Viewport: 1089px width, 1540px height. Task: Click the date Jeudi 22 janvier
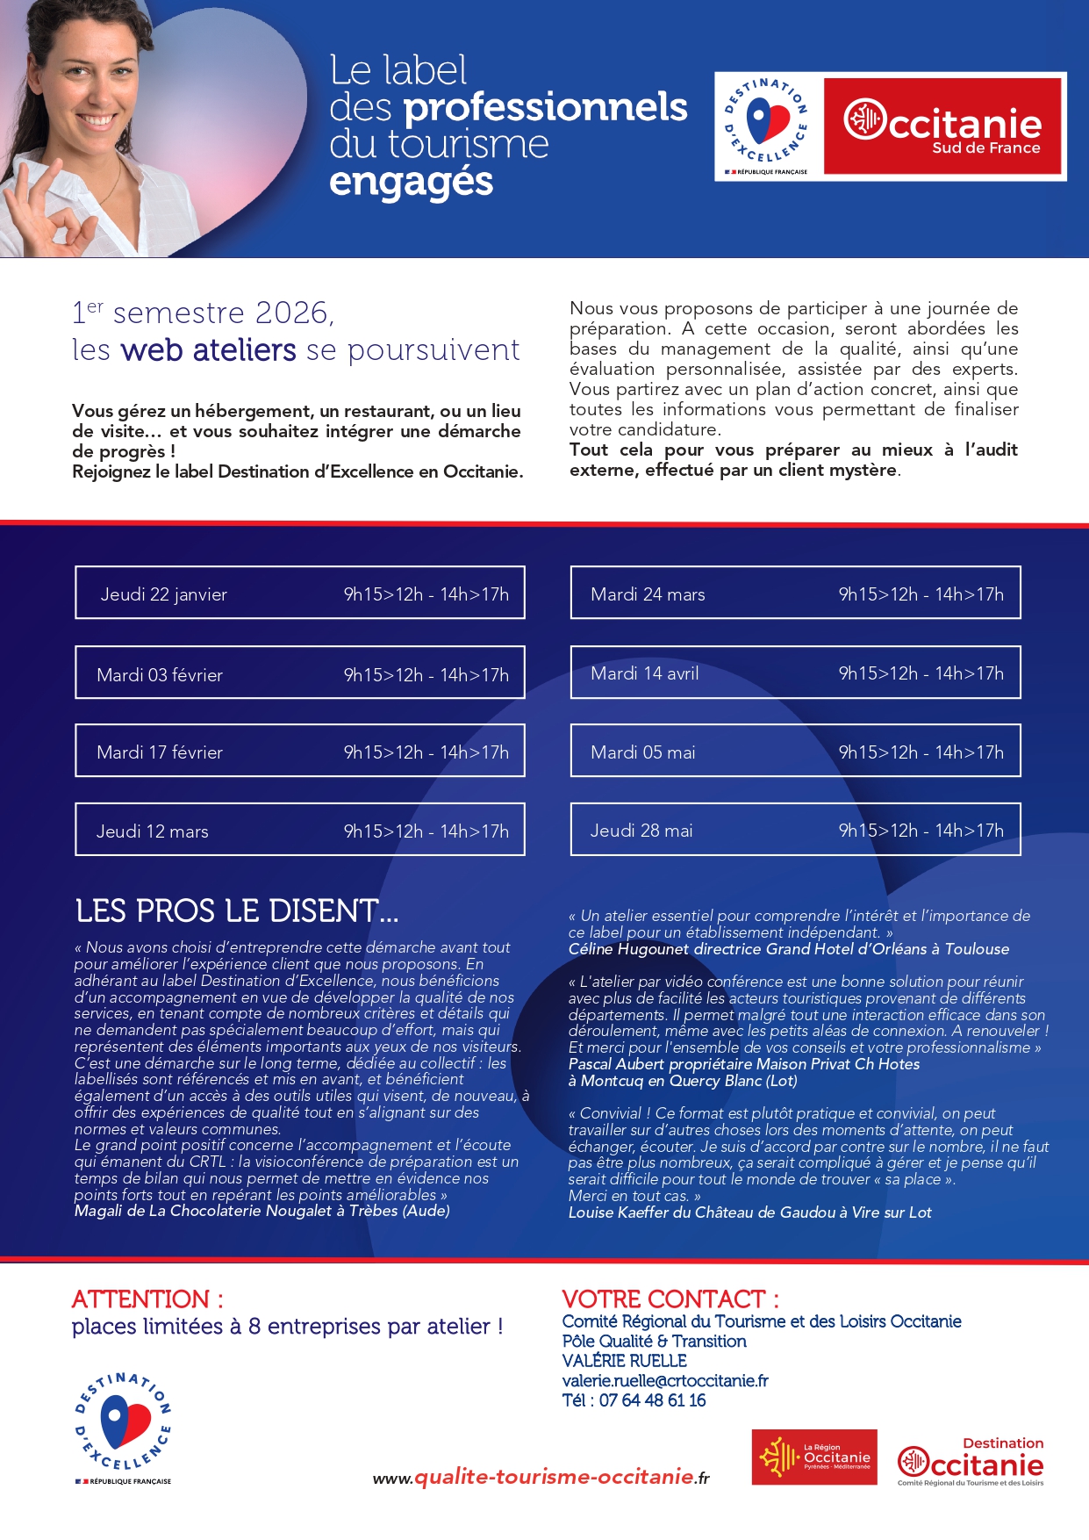[164, 594]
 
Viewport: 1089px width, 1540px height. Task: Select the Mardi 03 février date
[160, 675]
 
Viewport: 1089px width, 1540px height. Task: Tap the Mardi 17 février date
[160, 752]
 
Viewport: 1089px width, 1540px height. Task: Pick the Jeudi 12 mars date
[153, 831]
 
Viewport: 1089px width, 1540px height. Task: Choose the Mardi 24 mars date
[648, 594]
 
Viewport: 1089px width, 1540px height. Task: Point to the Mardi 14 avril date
[645, 673]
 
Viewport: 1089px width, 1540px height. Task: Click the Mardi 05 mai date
[643, 752]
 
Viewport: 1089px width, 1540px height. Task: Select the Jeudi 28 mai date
[641, 831]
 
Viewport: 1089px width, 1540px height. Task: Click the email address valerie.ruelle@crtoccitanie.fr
[665, 1380]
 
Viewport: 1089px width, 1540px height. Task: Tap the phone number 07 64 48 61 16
[652, 1400]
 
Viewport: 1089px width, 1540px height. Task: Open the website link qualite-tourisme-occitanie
[553, 1477]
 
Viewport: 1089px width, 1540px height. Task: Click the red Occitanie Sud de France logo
[942, 126]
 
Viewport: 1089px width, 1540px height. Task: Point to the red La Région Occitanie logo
[814, 1457]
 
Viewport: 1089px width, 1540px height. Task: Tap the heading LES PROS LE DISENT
[237, 911]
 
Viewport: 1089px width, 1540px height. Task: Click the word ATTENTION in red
[140, 1299]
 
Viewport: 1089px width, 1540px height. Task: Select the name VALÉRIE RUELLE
[624, 1361]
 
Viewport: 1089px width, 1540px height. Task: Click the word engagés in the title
[411, 182]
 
